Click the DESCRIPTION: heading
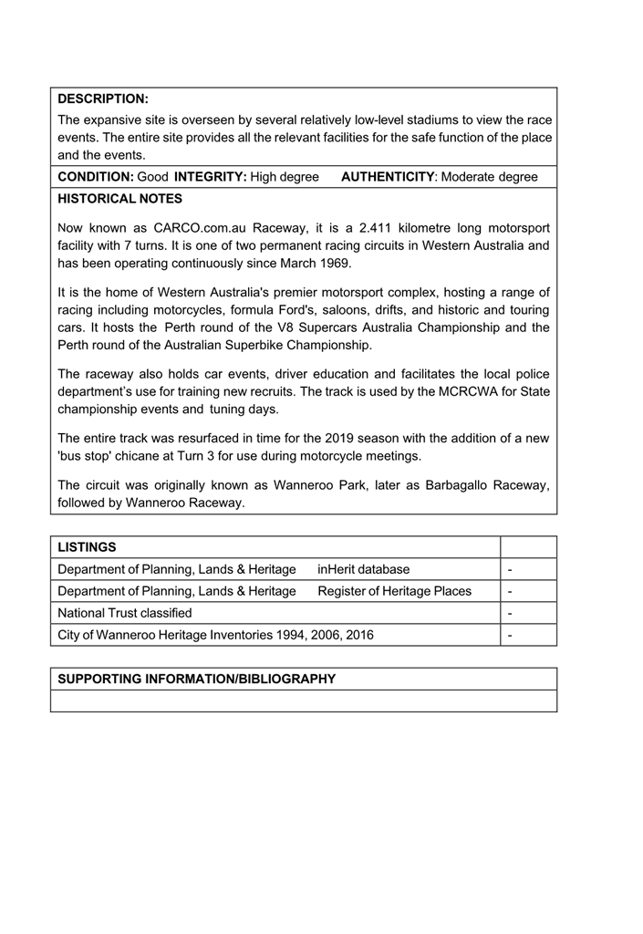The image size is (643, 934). point(103,99)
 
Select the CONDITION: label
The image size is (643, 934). point(96,177)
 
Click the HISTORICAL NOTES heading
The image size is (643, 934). point(119,199)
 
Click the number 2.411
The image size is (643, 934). point(379,228)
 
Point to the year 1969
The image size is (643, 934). point(335,263)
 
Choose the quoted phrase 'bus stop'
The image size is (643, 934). point(86,455)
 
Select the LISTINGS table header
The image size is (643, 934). point(87,547)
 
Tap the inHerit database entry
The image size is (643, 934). point(364,569)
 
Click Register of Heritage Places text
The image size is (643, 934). point(395,591)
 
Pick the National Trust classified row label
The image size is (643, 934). point(125,613)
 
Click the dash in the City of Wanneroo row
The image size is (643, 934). point(510,635)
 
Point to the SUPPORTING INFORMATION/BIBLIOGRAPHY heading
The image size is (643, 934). point(196,679)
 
